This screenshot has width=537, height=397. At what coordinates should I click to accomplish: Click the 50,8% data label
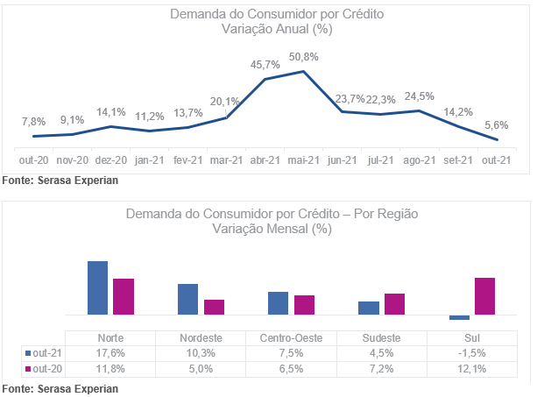[x=303, y=57]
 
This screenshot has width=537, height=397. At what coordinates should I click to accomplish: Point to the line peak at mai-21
[x=303, y=71]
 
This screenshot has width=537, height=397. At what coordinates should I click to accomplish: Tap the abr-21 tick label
[x=265, y=160]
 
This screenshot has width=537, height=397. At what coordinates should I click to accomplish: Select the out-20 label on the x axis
[x=33, y=160]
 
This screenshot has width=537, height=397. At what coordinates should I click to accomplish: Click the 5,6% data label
[x=496, y=125]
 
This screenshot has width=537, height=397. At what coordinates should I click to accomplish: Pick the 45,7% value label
[x=265, y=65]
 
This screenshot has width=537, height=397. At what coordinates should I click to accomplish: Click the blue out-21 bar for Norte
[x=97, y=287]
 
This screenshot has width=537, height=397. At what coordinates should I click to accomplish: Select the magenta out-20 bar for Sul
[x=484, y=296]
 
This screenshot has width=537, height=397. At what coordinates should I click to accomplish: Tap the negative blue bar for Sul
[x=459, y=317]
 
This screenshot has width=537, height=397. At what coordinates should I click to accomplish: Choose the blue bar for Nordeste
[x=188, y=299]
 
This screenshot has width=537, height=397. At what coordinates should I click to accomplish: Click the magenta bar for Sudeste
[x=394, y=304]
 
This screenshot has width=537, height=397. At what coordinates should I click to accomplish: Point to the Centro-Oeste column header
[x=291, y=338]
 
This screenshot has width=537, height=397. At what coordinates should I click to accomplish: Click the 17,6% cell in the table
[x=110, y=353]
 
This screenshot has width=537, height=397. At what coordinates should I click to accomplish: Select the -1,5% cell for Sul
[x=472, y=353]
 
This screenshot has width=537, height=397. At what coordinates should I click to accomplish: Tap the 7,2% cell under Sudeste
[x=382, y=369]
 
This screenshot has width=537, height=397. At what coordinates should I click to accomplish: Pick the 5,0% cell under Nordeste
[x=201, y=369]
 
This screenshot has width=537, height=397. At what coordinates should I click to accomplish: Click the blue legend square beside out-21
[x=28, y=353]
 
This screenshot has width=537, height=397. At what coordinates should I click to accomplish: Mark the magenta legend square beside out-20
[x=28, y=369]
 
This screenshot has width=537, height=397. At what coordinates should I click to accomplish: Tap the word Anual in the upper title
[x=292, y=29]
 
